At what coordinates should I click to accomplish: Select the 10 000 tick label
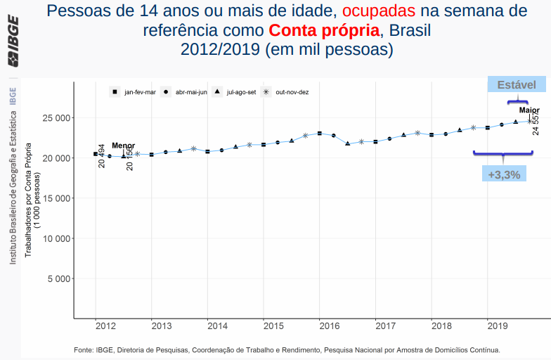click(55, 238)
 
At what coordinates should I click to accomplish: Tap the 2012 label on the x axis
click(105, 326)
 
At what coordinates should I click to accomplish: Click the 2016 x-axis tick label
click(330, 326)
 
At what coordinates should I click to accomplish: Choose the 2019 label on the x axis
click(498, 326)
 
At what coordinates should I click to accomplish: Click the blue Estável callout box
click(517, 84)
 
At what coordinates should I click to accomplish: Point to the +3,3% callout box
click(504, 174)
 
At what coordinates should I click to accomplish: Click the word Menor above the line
click(123, 146)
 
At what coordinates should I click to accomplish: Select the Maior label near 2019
click(529, 110)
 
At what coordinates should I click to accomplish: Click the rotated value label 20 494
click(102, 155)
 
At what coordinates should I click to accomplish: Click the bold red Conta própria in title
click(323, 31)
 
